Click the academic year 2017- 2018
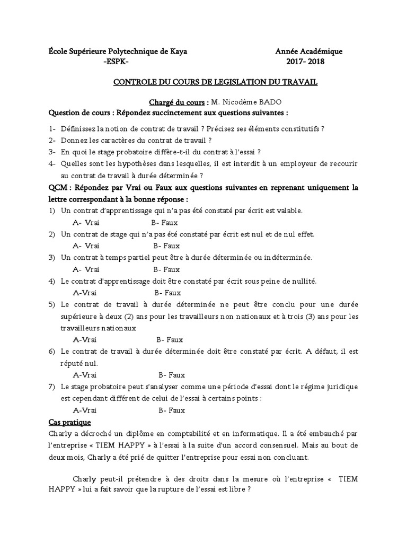pos(306,62)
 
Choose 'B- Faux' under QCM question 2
pos(166,246)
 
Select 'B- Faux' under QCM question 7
pos(171,410)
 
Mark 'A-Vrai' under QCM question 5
pos(85,339)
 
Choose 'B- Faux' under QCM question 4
pos(167,292)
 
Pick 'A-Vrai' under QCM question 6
pos(85,374)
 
